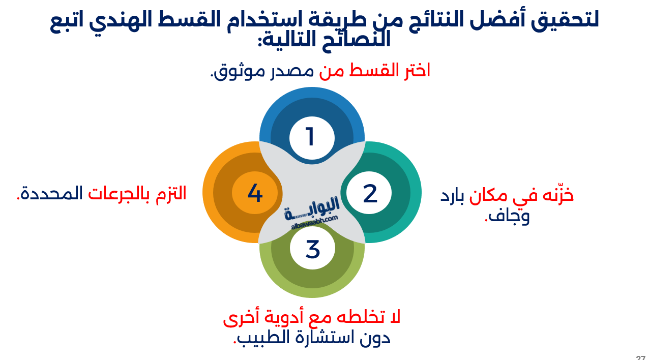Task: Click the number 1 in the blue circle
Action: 310,137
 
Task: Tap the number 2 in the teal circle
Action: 370,194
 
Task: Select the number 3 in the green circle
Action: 312,249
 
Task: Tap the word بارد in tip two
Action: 452,196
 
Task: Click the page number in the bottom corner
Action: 641,357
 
